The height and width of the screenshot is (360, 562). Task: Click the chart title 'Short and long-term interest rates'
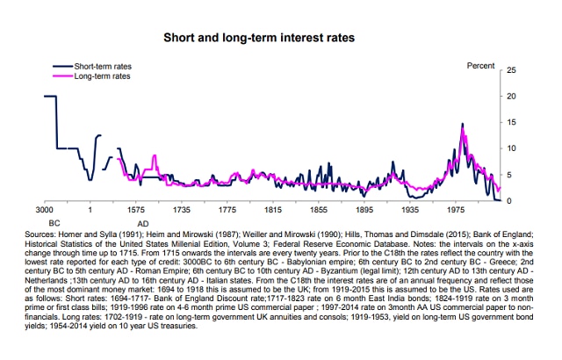click(x=280, y=40)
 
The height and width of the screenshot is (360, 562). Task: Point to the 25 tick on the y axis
click(x=511, y=69)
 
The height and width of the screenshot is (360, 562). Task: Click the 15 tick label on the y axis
click(x=511, y=122)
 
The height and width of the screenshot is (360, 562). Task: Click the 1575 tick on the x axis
click(x=135, y=212)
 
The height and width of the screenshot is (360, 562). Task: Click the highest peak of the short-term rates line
click(x=462, y=125)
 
